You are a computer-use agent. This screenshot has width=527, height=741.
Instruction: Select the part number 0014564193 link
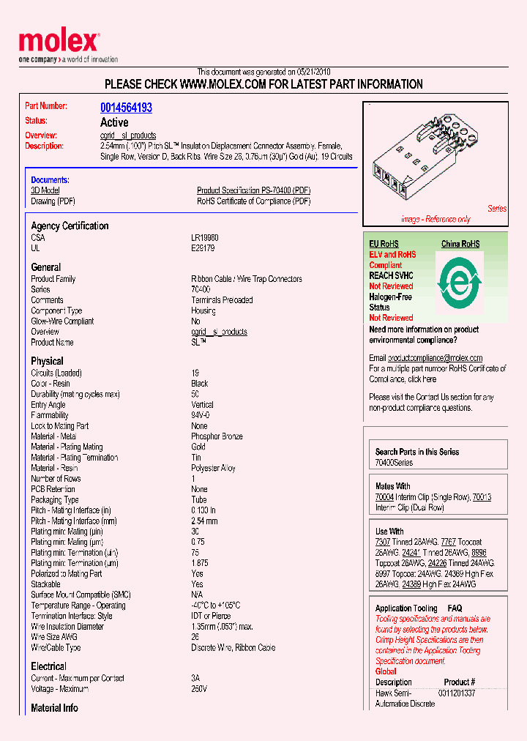[x=126, y=108]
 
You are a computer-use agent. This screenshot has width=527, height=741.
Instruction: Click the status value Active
[x=114, y=122]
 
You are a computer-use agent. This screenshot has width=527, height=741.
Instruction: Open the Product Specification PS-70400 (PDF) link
[x=253, y=190]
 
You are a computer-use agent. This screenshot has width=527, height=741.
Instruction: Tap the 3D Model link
[x=45, y=190]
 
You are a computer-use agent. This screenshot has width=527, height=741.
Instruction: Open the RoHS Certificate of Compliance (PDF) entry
[x=253, y=201]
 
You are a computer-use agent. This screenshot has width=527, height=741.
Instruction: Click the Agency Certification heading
[x=70, y=226]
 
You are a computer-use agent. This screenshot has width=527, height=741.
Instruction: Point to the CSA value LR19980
[x=204, y=238]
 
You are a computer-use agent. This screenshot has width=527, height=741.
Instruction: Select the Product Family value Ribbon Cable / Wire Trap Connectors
[x=246, y=279]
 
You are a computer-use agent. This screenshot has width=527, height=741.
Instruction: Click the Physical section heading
[x=47, y=361]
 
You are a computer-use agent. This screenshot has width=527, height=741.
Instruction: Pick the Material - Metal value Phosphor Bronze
[x=217, y=436]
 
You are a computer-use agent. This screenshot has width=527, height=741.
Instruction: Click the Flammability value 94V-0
[x=201, y=415]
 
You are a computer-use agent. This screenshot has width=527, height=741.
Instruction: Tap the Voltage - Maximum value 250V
[x=199, y=689]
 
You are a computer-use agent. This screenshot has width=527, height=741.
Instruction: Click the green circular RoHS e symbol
[x=460, y=280]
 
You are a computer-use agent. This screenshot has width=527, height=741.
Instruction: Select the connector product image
[x=425, y=157]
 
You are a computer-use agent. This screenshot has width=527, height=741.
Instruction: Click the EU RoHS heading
[x=384, y=244]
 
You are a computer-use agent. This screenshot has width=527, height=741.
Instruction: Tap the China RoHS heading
[x=460, y=244]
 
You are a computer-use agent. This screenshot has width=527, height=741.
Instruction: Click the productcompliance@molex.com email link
[x=435, y=358]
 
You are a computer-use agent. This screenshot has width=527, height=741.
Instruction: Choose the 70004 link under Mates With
[x=384, y=497]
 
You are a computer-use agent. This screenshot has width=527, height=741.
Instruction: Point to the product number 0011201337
[x=457, y=693]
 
